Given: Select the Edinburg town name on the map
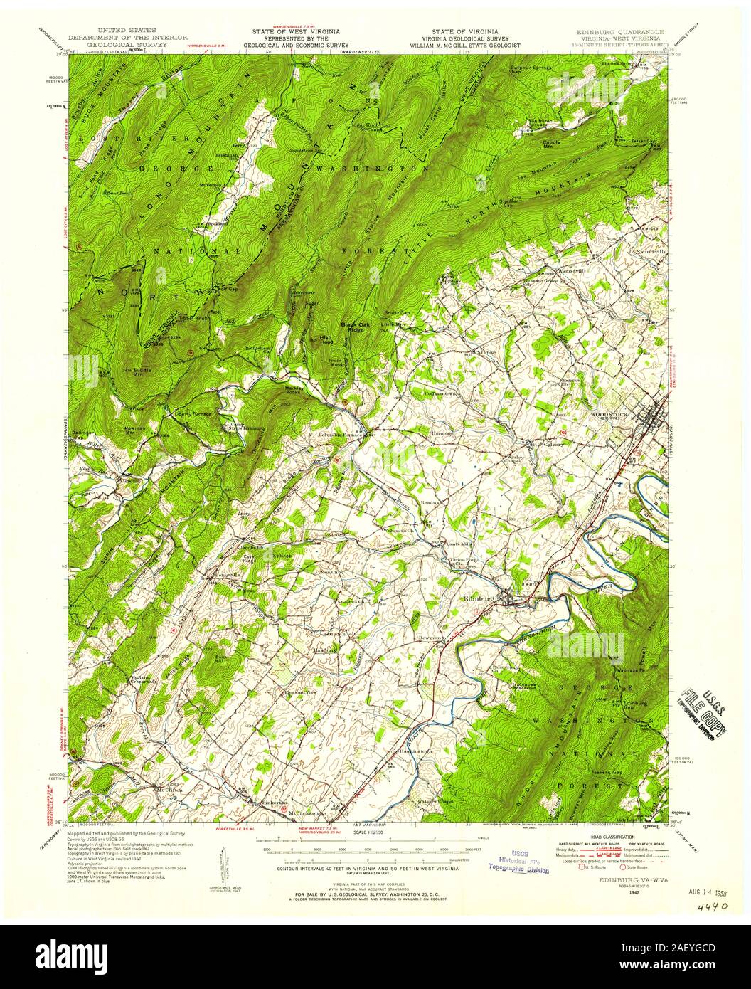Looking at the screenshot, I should [478, 599].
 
